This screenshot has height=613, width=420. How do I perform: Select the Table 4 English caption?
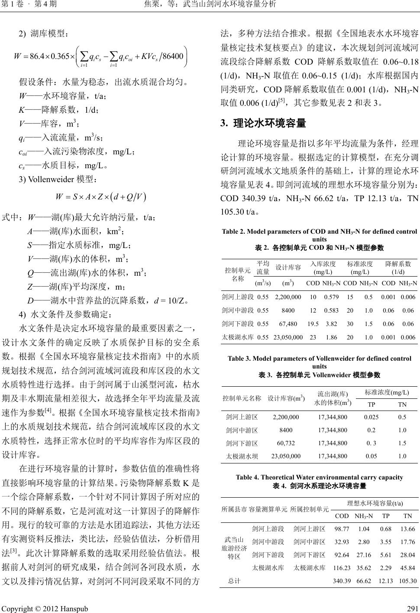[x=319, y=477]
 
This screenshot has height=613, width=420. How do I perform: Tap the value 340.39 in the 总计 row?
[x=342, y=580]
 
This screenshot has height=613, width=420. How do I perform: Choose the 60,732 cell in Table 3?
[x=286, y=443]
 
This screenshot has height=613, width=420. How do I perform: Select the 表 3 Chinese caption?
[x=319, y=375]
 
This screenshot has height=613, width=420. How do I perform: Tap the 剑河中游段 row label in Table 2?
[x=237, y=310]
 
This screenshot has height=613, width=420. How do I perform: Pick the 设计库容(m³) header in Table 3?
[x=286, y=398]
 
